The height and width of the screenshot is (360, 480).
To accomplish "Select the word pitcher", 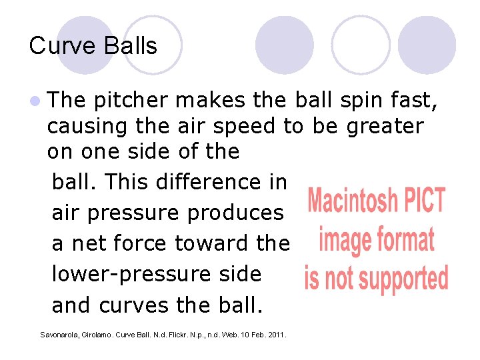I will click(131, 101).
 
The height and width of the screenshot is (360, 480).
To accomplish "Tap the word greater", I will click(385, 126).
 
